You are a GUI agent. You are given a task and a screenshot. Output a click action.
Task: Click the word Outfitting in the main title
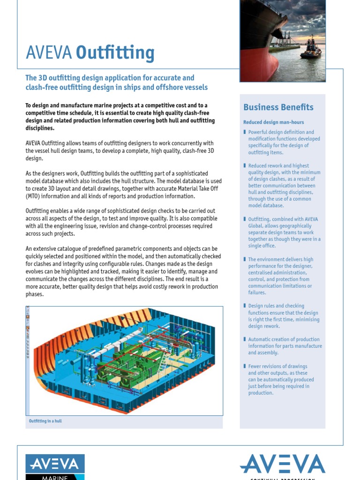[115, 53]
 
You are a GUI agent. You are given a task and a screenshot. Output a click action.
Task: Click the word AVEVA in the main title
[49, 53]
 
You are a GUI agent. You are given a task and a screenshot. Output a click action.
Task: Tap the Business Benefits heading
[278, 107]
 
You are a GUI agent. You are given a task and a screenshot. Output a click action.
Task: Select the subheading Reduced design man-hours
[267, 122]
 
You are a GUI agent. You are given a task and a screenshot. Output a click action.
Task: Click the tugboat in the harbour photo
[311, 49]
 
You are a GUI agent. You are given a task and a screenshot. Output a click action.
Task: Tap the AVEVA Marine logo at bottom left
[55, 467]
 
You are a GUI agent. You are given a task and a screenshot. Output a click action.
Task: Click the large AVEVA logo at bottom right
[283, 464]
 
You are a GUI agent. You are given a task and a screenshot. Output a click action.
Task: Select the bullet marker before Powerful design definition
[245, 132]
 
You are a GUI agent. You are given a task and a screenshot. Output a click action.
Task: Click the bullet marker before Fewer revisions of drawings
[245, 366]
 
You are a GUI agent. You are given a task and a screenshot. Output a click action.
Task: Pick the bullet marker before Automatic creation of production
[245, 339]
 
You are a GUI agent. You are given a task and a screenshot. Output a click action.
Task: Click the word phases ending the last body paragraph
[34, 294]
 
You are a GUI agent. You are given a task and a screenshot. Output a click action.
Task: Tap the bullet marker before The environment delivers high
[245, 259]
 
